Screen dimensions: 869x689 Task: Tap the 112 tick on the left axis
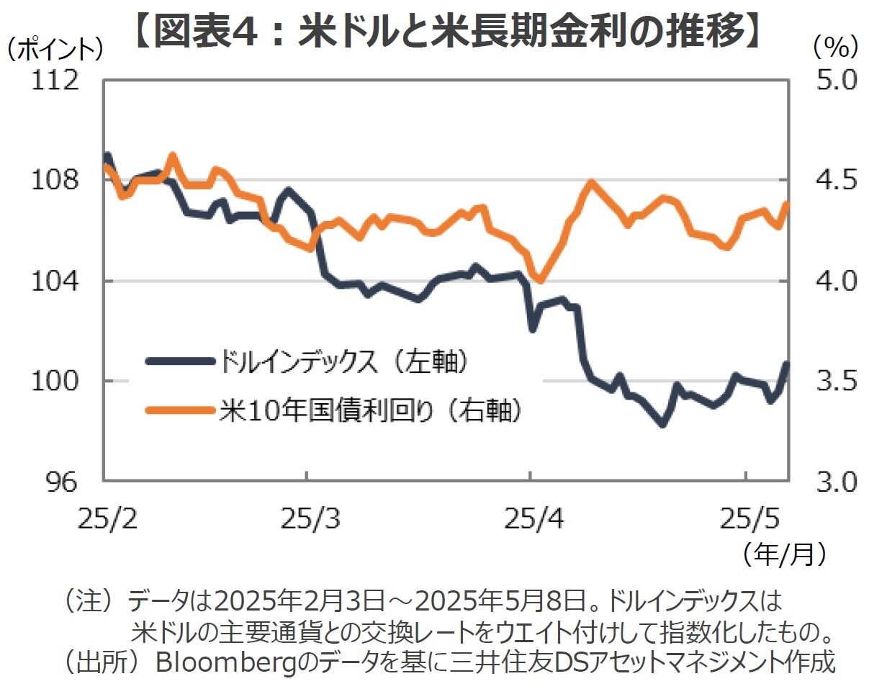pos(54,80)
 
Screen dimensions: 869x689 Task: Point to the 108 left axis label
pos(54,180)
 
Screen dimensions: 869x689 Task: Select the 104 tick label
pos(54,281)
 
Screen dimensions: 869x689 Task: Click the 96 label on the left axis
pos(61,482)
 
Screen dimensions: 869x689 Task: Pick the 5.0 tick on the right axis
pos(836,80)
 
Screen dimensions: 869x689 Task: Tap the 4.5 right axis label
pos(836,180)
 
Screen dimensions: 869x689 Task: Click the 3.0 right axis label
pos(836,482)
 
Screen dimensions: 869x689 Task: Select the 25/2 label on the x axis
pos(107,518)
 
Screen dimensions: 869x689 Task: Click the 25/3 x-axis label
pos(310,518)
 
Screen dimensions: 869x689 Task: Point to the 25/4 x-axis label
pos(533,518)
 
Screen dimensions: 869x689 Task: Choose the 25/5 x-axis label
pos(749,518)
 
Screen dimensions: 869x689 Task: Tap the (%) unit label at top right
pos(835,48)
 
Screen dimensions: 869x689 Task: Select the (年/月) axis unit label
pos(785,554)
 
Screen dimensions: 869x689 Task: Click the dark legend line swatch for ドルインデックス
pos(180,361)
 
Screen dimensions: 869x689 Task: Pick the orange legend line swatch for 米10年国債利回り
pos(180,410)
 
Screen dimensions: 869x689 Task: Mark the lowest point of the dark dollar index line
pos(662,424)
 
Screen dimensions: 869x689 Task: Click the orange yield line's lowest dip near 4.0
pos(540,279)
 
